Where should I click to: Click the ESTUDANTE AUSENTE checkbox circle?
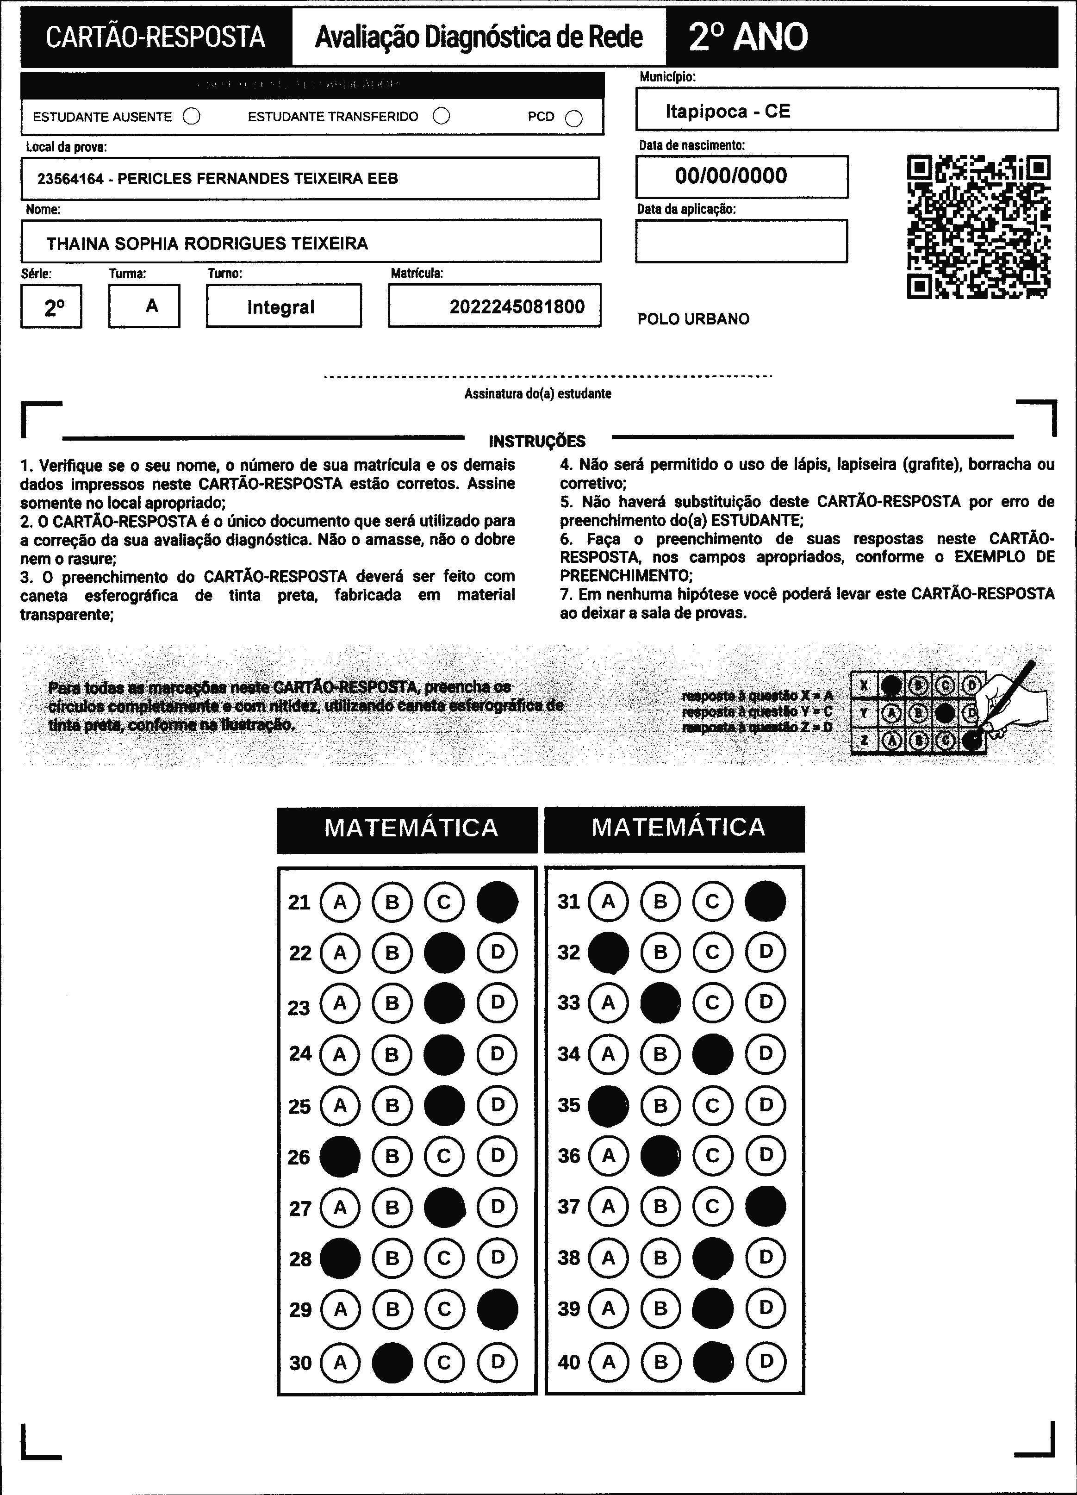pos(192,117)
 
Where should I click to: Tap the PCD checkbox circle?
pos(574,118)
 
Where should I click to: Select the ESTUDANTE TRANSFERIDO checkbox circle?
pos(442,116)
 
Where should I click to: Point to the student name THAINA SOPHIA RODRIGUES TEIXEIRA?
pos(207,244)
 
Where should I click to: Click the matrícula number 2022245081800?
pos(517,306)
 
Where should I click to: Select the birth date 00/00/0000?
pos(731,176)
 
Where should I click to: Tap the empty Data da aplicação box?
pos(741,241)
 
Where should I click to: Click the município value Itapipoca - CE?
pos(728,112)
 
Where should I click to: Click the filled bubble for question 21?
pos(497,902)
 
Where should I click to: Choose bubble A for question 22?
pos(340,953)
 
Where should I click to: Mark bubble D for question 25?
pos(497,1105)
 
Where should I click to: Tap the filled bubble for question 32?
pos(608,953)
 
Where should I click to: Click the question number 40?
pos(569,1362)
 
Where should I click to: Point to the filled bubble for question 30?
pos(392,1362)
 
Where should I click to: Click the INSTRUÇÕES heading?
pos(537,441)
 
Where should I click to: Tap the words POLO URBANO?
pos(693,319)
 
